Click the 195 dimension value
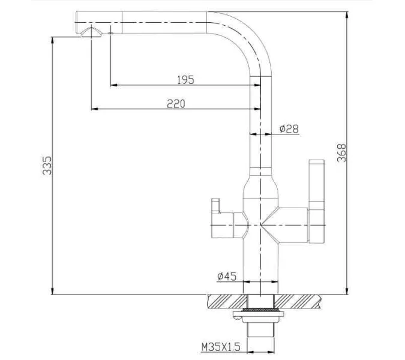pos(185,79)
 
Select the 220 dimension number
pos(176,103)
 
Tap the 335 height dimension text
pos(47,166)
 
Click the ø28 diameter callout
pos(289,128)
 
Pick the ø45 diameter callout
pos(227,276)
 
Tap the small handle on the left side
pos(215,208)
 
